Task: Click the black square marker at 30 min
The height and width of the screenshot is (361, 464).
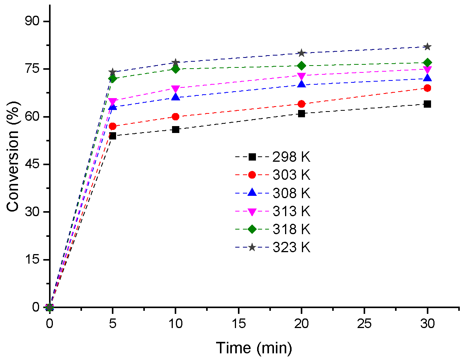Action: pyautogui.click(x=427, y=104)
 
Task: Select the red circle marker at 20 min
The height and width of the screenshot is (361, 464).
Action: pyautogui.click(x=301, y=104)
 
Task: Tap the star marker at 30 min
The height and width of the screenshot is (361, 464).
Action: pyautogui.click(x=427, y=47)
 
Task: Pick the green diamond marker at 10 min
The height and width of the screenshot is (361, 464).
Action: pyautogui.click(x=175, y=69)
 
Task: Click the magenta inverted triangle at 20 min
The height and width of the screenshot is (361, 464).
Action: pyautogui.click(x=301, y=75)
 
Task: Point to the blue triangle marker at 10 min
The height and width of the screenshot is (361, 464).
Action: pyautogui.click(x=175, y=97)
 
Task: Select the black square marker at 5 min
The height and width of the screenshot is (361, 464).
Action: pyautogui.click(x=113, y=136)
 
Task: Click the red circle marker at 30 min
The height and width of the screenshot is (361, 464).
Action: pyautogui.click(x=427, y=88)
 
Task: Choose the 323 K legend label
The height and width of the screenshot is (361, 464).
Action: pyautogui.click(x=291, y=247)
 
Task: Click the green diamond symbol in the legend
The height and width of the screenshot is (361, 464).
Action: pyautogui.click(x=252, y=229)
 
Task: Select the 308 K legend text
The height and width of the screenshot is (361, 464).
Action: pyautogui.click(x=291, y=193)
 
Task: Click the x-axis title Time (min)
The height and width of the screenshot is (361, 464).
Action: pyautogui.click(x=254, y=348)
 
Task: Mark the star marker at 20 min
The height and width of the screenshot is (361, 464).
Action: pyautogui.click(x=301, y=53)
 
